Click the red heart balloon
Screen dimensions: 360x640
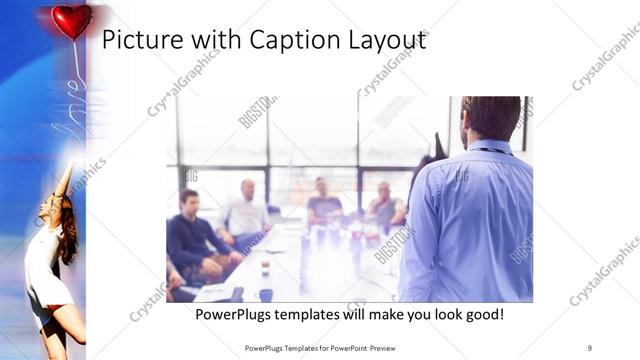tap(71, 20)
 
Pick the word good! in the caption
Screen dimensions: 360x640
tap(480, 315)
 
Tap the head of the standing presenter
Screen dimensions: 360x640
tap(491, 118)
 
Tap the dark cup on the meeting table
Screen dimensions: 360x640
tap(265, 294)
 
